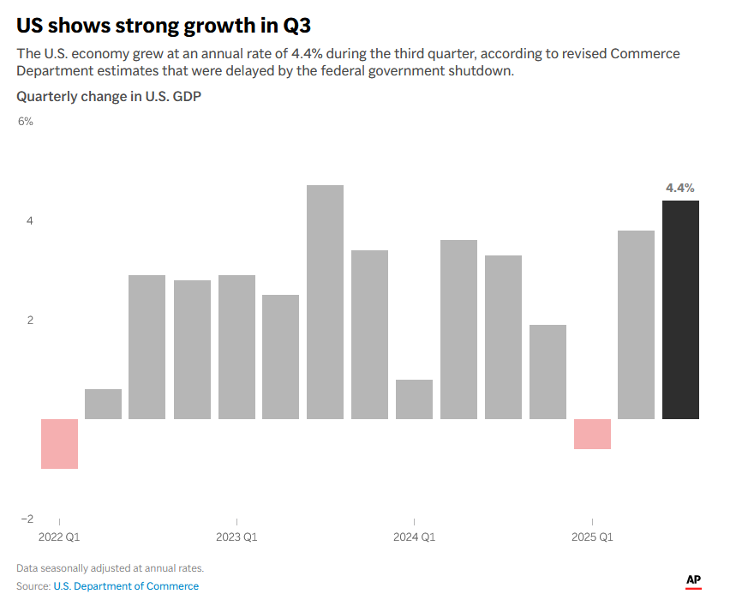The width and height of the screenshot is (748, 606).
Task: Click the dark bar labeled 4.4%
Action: click(x=680, y=309)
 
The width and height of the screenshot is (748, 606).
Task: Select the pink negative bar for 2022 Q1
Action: click(x=60, y=443)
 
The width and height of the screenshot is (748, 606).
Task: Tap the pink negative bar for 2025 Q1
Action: click(x=592, y=434)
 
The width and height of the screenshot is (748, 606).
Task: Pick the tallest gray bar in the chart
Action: click(x=325, y=302)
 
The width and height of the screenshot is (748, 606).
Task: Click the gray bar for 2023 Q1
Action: click(x=236, y=346)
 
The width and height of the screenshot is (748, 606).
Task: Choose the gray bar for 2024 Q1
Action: click(x=414, y=399)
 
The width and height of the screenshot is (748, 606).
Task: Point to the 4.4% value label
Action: click(x=680, y=188)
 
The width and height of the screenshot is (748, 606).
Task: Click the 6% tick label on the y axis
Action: click(x=26, y=122)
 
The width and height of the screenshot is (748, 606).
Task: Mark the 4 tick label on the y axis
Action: click(x=29, y=221)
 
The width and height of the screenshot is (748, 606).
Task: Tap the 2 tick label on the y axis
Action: click(x=29, y=321)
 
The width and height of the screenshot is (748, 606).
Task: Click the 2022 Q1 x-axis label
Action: click(x=60, y=537)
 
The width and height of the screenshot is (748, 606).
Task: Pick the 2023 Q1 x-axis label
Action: click(x=236, y=537)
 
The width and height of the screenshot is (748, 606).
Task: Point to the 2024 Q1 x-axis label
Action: click(x=414, y=537)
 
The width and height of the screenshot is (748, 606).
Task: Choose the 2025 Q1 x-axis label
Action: click(x=592, y=537)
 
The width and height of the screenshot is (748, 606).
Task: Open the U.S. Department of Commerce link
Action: click(x=126, y=586)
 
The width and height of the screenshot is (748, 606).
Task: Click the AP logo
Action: click(x=693, y=581)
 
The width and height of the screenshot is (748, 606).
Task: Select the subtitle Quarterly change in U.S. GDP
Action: click(x=109, y=97)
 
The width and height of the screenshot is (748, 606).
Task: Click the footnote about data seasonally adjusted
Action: click(x=110, y=568)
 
